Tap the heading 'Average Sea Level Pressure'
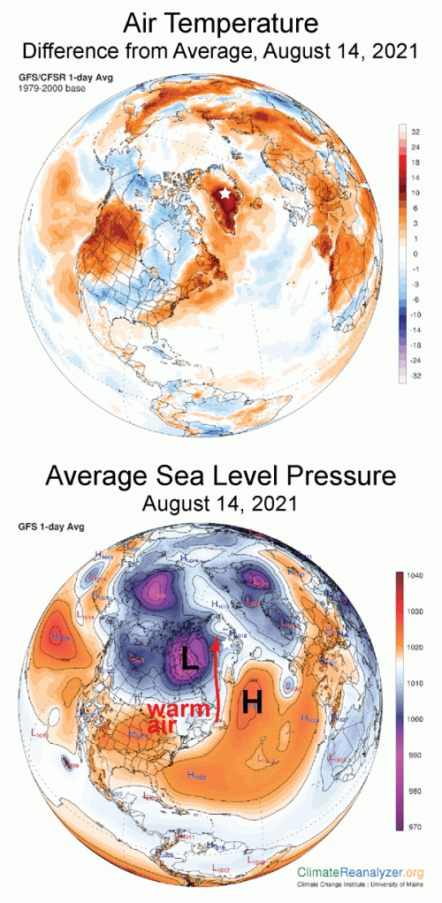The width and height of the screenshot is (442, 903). (221, 478)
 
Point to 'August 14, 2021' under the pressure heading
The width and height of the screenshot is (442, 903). (221, 506)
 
